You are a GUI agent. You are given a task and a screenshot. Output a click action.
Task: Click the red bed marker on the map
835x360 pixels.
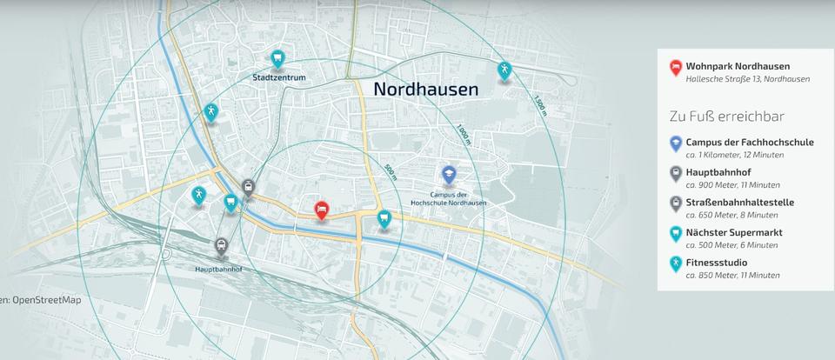coord(321,210)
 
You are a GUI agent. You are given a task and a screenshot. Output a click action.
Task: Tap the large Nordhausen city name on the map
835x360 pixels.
coord(425,89)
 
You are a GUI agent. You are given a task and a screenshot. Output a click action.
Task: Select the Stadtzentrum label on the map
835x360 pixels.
coord(278,77)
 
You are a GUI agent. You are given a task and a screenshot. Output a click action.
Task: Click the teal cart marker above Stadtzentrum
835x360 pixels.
coord(277,59)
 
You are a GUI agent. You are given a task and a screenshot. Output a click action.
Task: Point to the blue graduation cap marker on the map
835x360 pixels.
coord(449,175)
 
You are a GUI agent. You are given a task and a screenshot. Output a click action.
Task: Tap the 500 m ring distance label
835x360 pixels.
coord(389,172)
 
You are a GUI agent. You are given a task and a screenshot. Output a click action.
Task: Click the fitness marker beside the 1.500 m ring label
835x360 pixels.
coord(504,70)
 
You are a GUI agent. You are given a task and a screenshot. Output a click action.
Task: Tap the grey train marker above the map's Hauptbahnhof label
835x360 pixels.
coord(222,247)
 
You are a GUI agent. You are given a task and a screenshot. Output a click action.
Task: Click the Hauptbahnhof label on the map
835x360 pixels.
coord(218,269)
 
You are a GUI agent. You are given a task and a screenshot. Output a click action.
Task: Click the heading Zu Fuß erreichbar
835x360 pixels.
coord(727,117)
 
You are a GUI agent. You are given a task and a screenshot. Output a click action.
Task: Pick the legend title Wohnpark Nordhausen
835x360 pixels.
coord(738,66)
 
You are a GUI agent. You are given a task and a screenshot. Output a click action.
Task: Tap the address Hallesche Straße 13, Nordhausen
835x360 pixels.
coord(747,79)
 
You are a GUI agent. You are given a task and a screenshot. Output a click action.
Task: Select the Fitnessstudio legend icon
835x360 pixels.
coord(675,263)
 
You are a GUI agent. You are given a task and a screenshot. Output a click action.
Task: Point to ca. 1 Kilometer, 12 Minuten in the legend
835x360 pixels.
coord(734,155)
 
